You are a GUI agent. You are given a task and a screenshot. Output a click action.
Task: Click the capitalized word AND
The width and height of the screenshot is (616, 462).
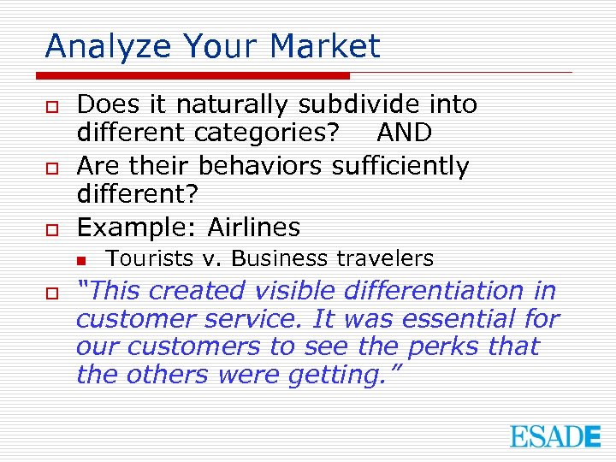click(x=404, y=133)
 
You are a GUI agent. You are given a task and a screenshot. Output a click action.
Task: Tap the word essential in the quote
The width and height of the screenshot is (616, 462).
click(x=459, y=319)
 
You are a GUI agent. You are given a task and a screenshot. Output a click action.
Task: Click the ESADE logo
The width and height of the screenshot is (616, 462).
click(x=555, y=436)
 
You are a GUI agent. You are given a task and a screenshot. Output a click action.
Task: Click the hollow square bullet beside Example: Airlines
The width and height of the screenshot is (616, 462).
click(x=51, y=229)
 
